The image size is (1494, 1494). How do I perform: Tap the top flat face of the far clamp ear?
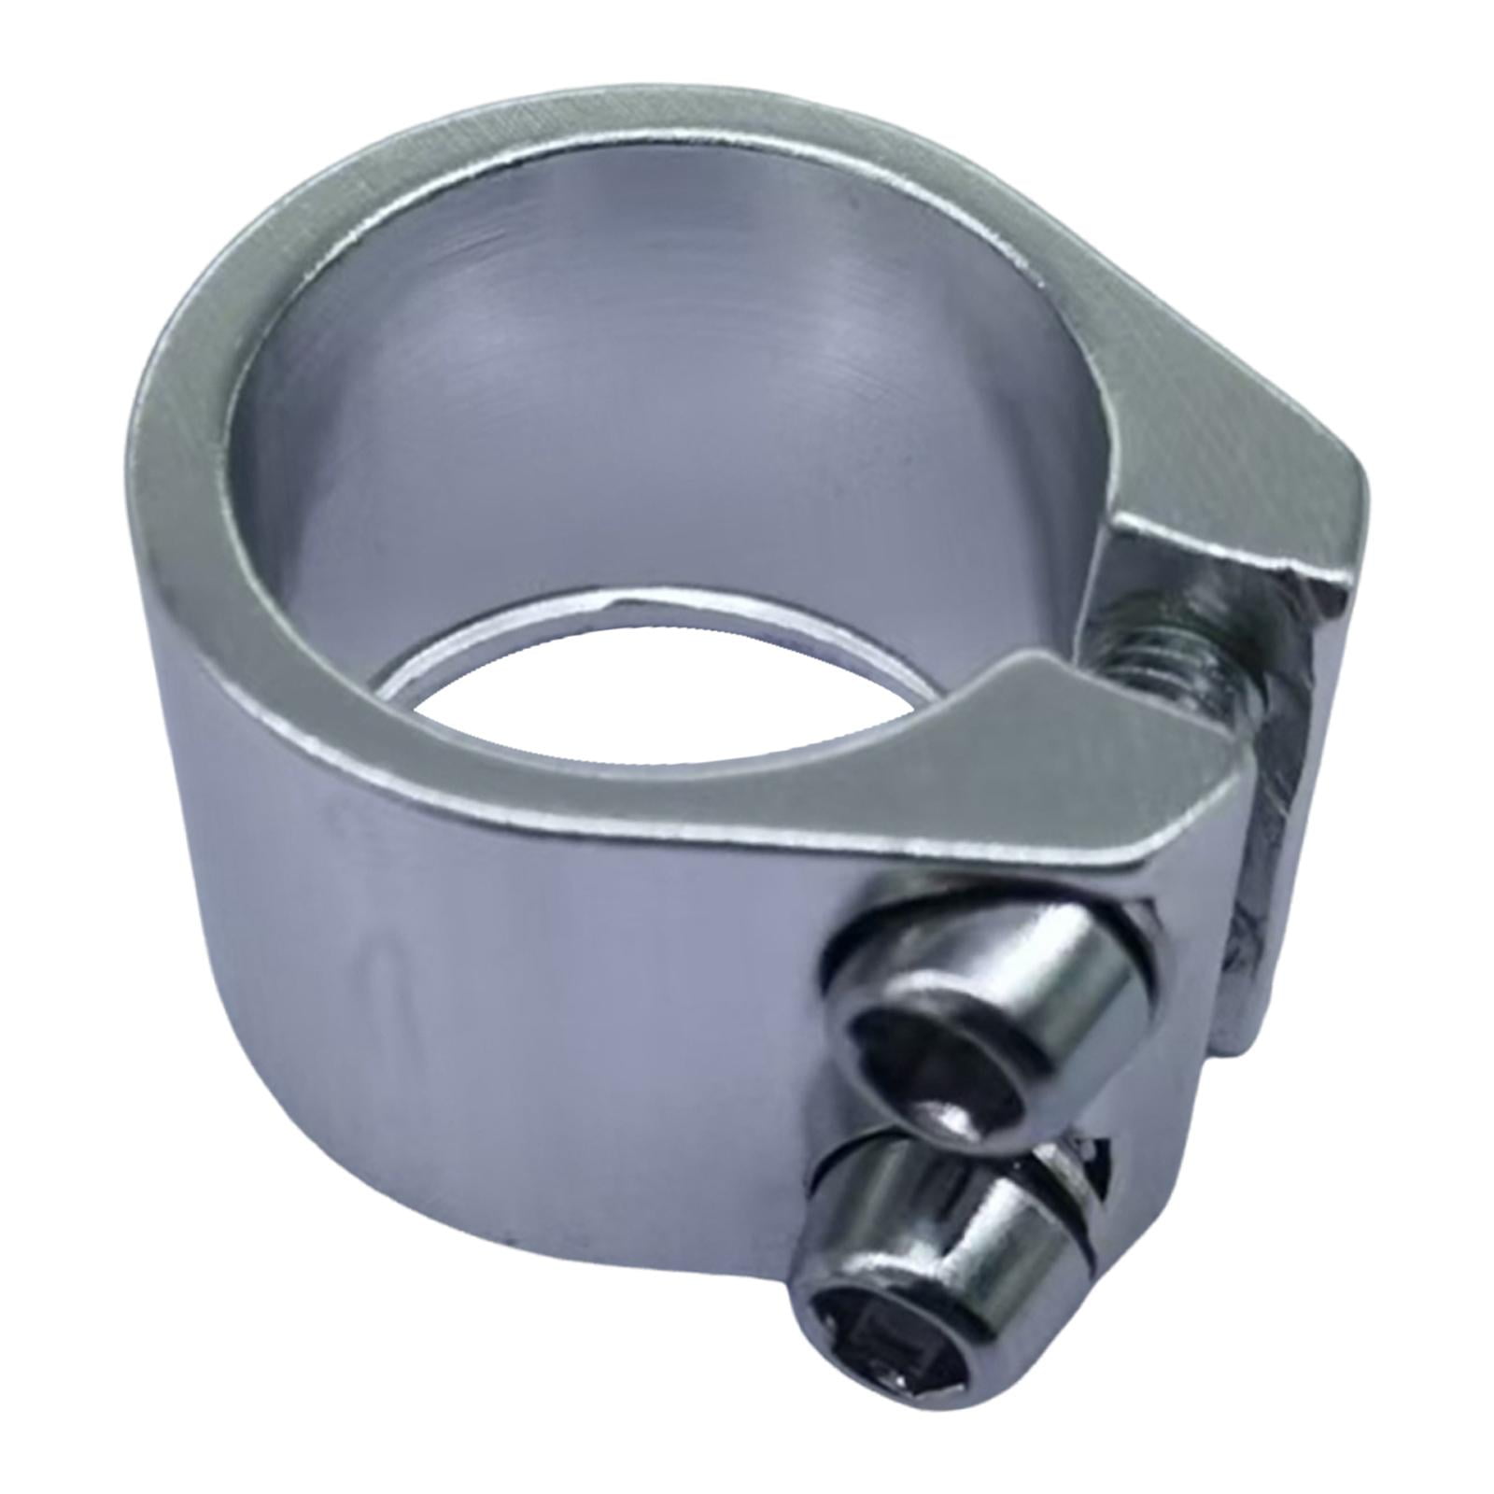(1242, 467)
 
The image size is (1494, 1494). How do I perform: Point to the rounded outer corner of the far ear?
(1349, 476)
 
